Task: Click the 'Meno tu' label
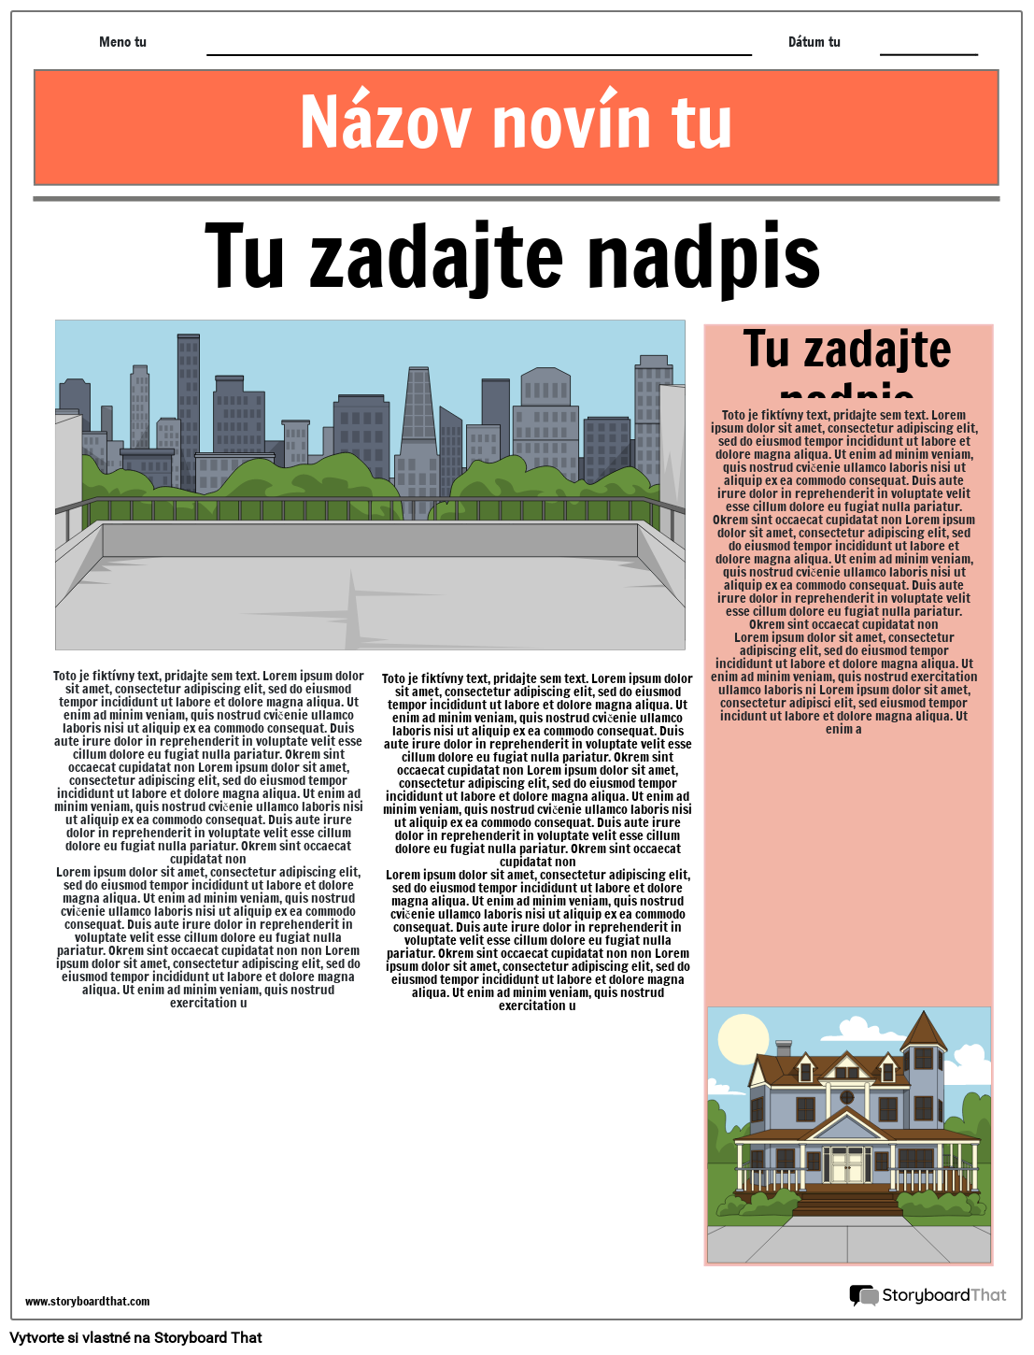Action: pos(122,42)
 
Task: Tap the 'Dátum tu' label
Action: pos(814,42)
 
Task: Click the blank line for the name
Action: pos(478,54)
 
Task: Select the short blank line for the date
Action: pos(928,54)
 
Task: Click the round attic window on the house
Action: pos(847,1096)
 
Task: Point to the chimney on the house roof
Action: pos(784,1048)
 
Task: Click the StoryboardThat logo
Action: pos(928,1295)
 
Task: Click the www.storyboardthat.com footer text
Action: pos(87,1302)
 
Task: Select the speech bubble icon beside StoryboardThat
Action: pos(862,1295)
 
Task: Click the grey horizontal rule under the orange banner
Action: pos(516,199)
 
